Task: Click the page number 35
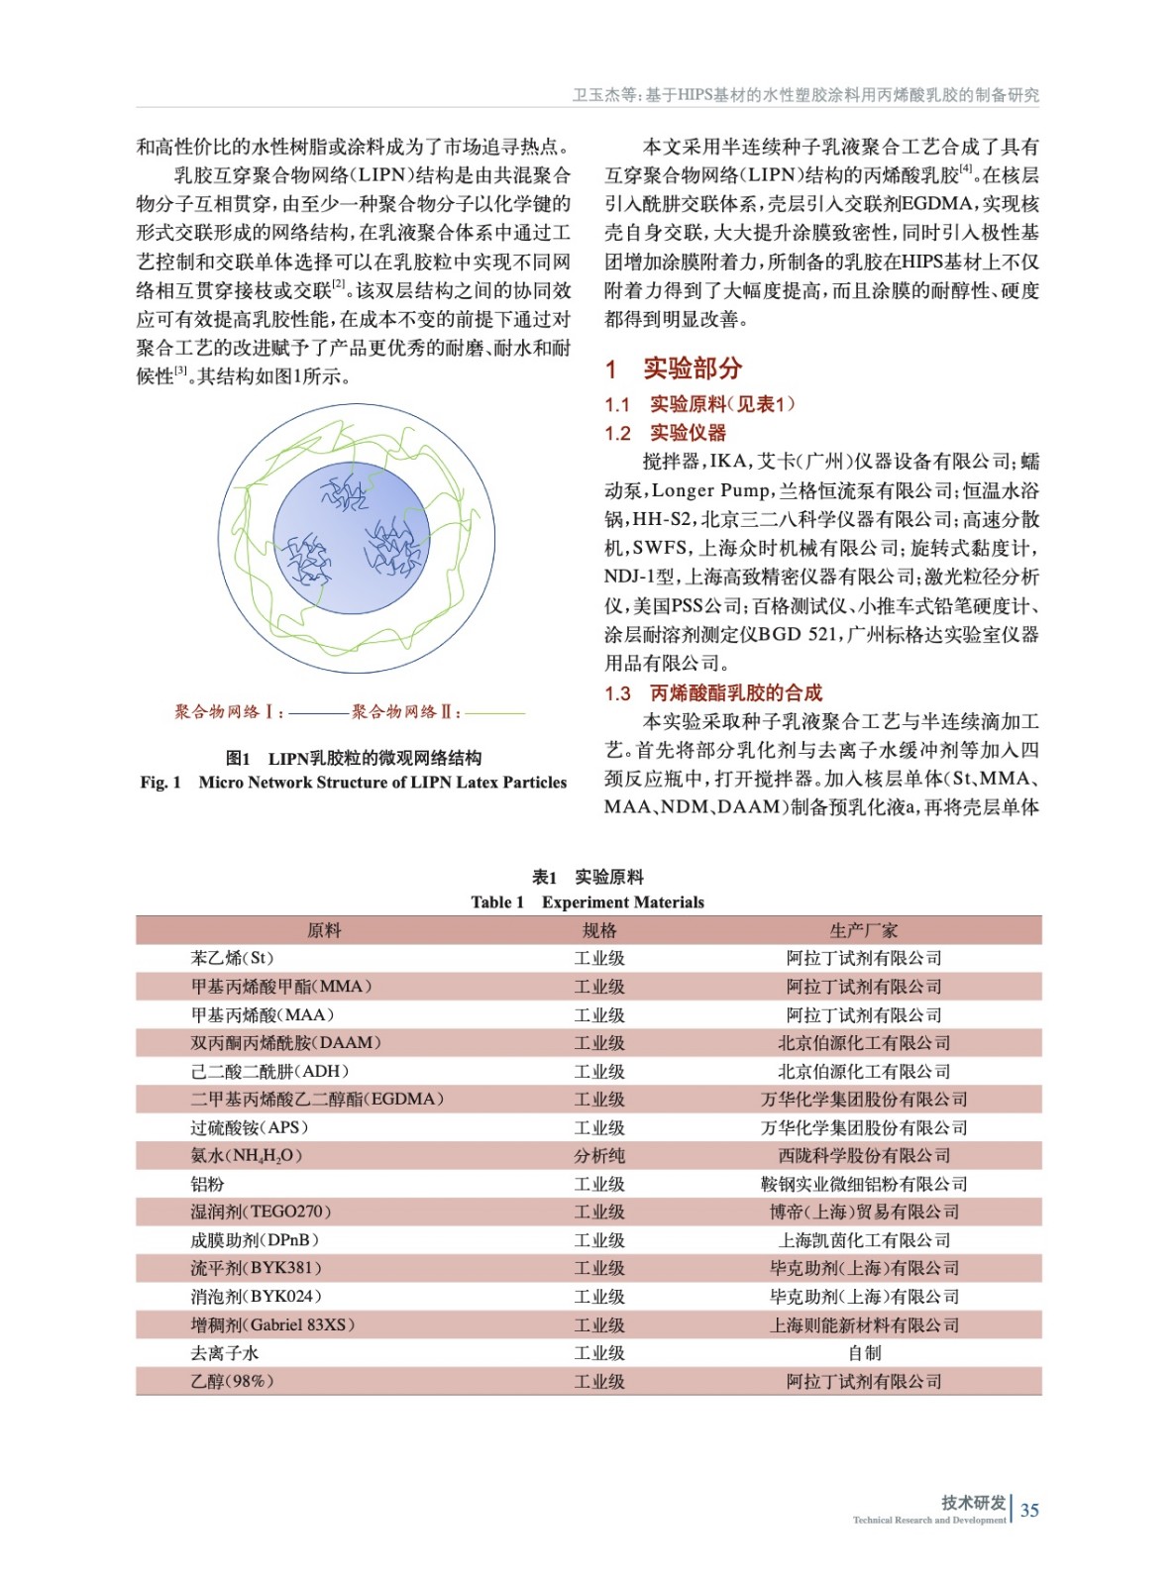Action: (1029, 1510)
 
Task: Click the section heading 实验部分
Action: (692, 369)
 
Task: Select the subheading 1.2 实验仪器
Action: (666, 433)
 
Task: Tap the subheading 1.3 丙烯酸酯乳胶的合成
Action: (713, 692)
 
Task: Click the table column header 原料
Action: (324, 930)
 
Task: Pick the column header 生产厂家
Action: (864, 930)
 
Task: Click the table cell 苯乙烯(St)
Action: (232, 958)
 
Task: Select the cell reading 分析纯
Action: (599, 1155)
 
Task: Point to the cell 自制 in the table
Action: (864, 1352)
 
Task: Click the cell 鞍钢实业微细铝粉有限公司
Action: (864, 1184)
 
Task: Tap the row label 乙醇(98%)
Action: (232, 1381)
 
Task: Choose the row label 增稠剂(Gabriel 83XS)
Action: (272, 1324)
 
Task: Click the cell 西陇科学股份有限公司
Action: (864, 1155)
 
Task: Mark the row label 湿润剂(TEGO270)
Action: (261, 1212)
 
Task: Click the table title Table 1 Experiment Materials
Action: (588, 901)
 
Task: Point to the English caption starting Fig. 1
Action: (354, 782)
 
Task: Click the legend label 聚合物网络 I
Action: (228, 711)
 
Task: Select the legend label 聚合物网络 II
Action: (405, 711)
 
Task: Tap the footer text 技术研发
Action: (973, 1502)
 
